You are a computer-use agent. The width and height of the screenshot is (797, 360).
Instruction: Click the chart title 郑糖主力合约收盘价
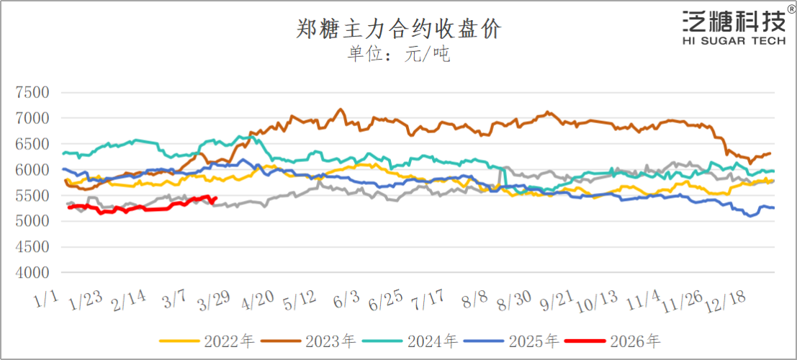click(398, 29)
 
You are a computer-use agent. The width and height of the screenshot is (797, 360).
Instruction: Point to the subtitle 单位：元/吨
click(398, 55)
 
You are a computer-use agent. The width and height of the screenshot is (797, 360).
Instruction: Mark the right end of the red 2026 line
click(217, 199)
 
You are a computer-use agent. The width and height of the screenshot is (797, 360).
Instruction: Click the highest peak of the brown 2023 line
click(340, 109)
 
